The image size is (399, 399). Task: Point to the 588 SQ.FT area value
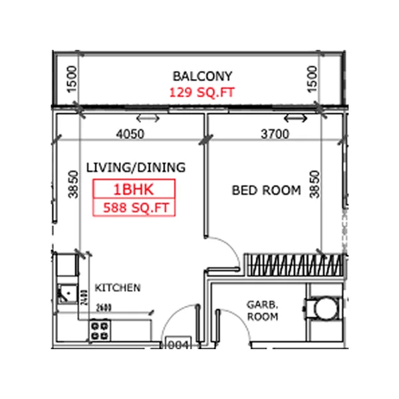tap(134, 207)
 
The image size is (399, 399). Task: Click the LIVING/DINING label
tap(136, 167)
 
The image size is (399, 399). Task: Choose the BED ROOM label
tap(266, 190)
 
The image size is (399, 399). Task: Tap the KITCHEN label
tap(118, 288)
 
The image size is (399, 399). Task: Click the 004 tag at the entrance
tap(178, 344)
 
